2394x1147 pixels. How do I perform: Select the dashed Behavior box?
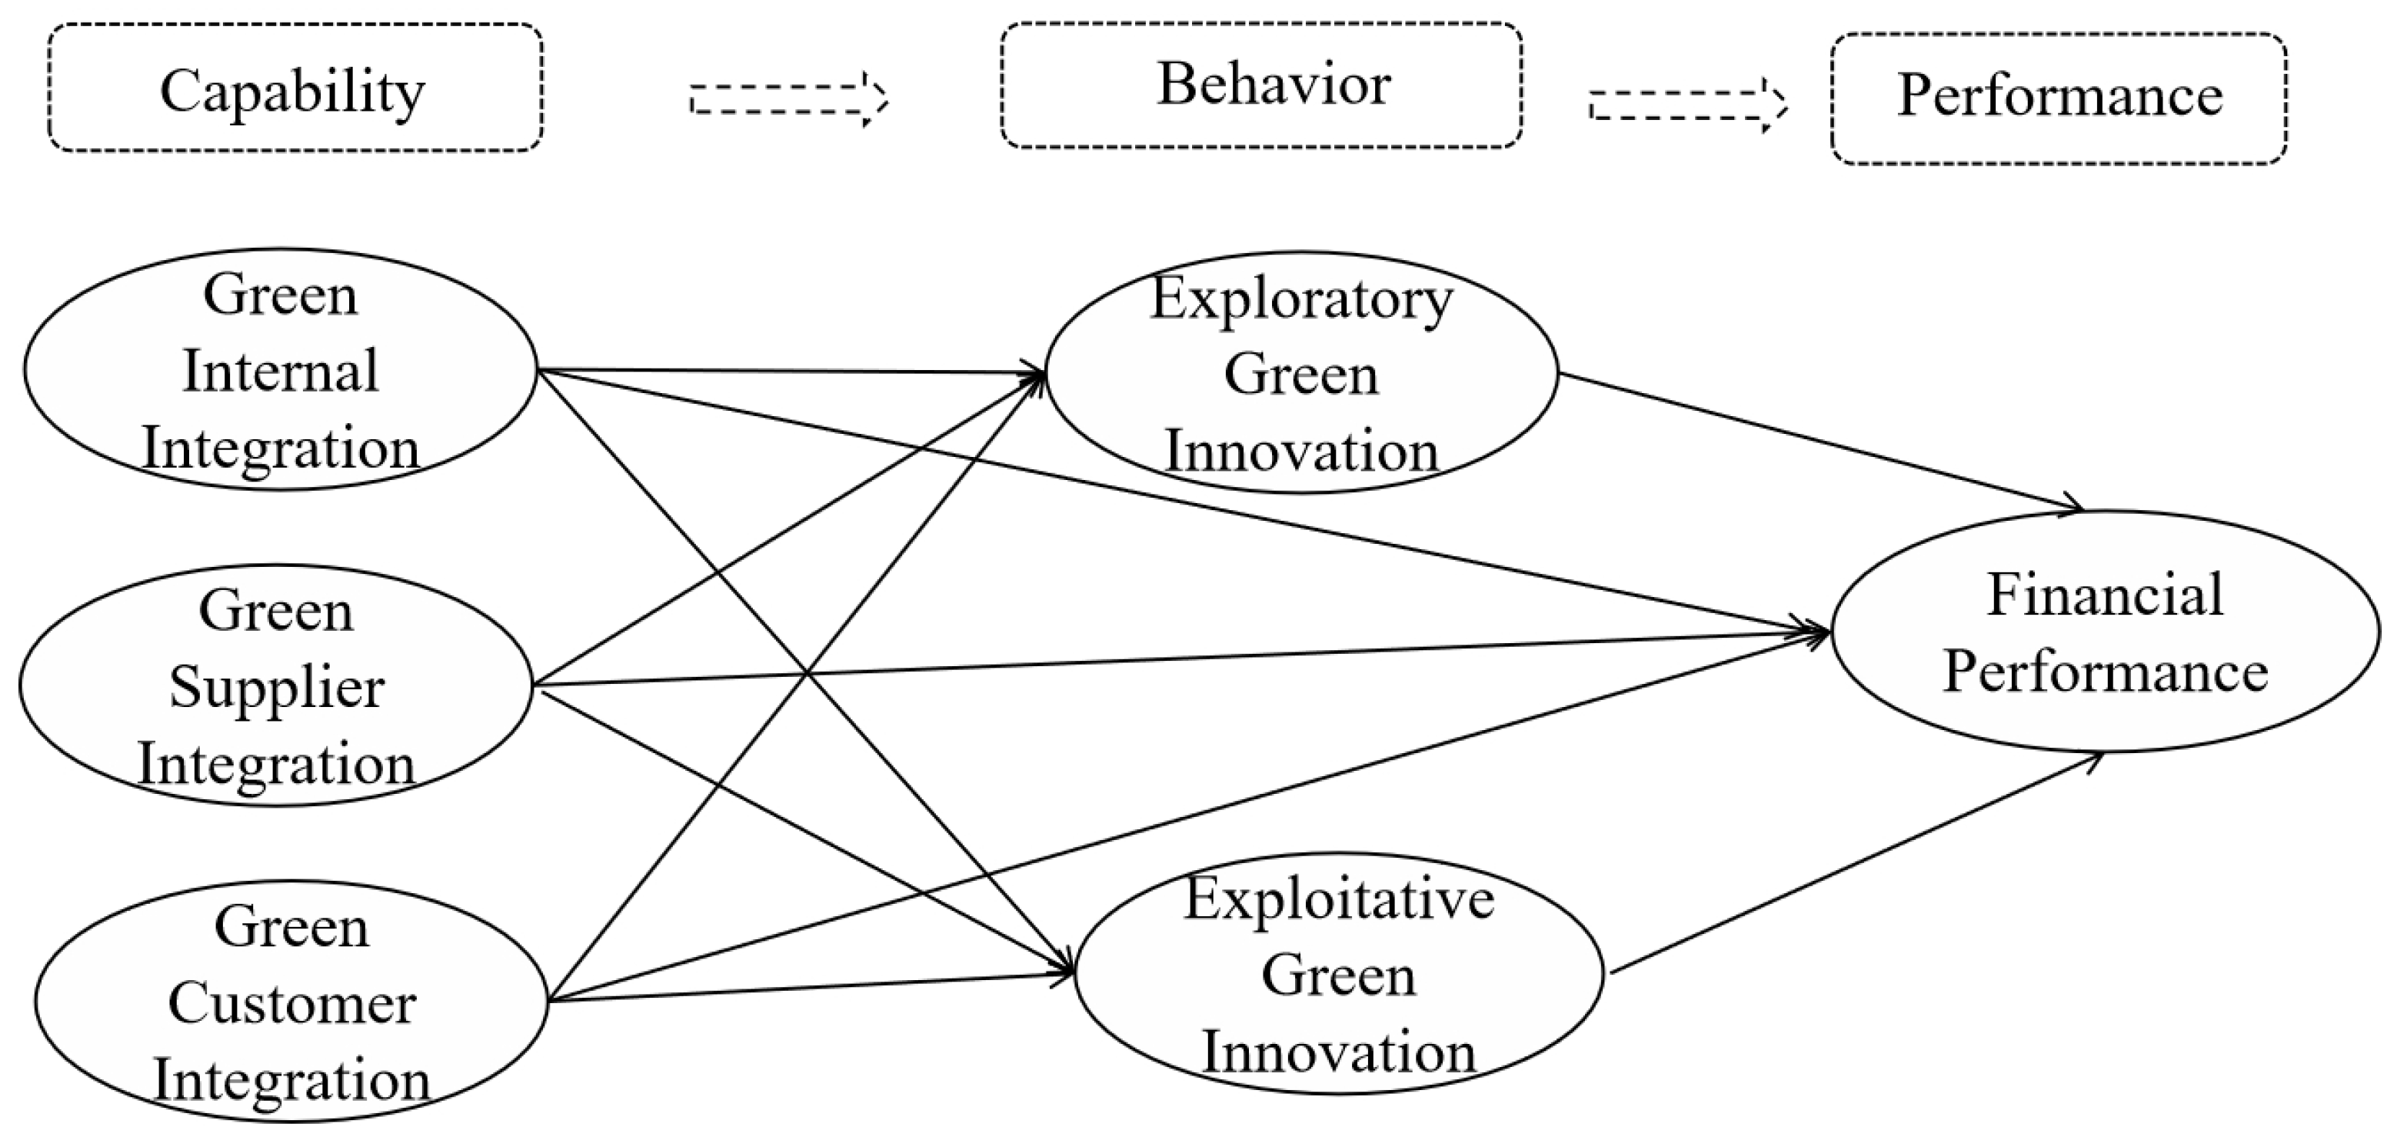click(1260, 85)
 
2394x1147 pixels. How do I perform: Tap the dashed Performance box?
click(2058, 98)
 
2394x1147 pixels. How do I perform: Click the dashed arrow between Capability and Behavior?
click(788, 98)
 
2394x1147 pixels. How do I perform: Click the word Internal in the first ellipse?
click(281, 372)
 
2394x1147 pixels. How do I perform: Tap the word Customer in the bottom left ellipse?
click(291, 1005)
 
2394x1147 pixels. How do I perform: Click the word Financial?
click(2104, 595)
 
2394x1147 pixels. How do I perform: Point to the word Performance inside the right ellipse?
click(2104, 671)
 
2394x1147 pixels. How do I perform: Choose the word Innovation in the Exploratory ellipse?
click(1301, 452)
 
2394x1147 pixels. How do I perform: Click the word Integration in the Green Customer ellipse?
click(291, 1081)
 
